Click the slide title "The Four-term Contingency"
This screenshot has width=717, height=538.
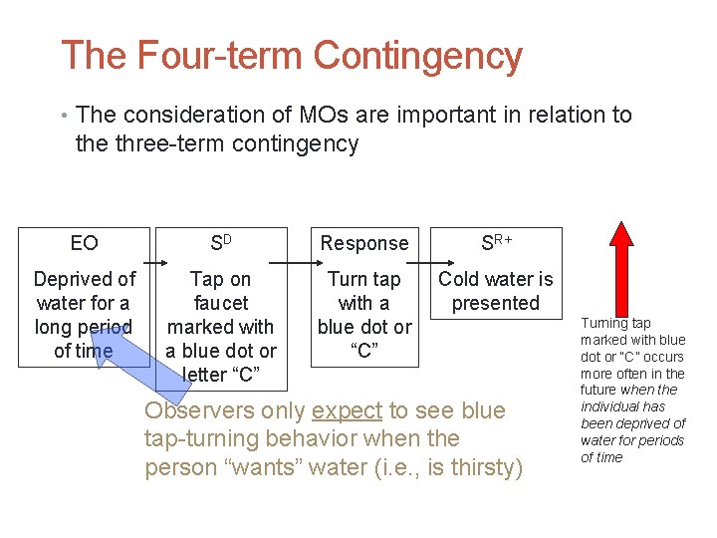[291, 57]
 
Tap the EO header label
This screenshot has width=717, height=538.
[85, 243]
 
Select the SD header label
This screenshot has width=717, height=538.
[220, 243]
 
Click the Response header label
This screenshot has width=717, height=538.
[364, 243]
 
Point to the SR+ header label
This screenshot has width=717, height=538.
[497, 243]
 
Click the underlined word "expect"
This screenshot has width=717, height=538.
[348, 410]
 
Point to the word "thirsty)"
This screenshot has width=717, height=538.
[482, 466]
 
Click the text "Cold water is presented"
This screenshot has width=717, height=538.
[496, 291]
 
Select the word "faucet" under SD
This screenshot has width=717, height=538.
[220, 303]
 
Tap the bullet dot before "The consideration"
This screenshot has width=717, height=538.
[65, 117]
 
